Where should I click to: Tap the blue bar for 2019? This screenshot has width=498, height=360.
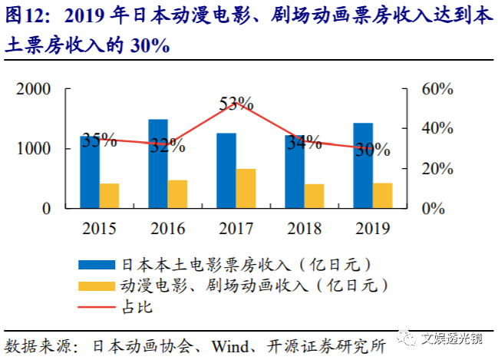[x=363, y=165]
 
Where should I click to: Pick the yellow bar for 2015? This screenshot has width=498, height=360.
[x=110, y=196]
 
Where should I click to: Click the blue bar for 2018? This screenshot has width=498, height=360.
[x=295, y=171]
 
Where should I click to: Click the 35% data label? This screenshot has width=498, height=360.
[x=100, y=140]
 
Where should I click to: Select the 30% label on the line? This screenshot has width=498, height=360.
[x=372, y=150]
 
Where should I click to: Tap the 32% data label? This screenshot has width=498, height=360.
[x=167, y=144]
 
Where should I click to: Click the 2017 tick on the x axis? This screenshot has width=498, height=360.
[x=235, y=227]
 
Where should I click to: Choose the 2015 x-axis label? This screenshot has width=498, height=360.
[x=99, y=227]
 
